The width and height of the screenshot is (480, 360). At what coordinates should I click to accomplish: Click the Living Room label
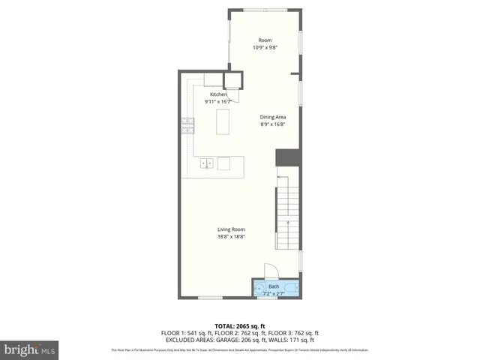pos(231,229)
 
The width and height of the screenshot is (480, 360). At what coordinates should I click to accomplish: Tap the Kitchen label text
pos(208,94)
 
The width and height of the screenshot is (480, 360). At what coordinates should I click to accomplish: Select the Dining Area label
pos(273,117)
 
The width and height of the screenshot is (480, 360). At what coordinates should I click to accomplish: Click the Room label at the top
pos(265,40)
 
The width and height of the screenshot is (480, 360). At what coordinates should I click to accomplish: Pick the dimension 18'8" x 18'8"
pos(231,237)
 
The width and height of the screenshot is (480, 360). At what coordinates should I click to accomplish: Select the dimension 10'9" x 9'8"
pos(265,48)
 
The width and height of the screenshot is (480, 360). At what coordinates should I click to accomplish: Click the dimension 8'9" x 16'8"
pos(273,124)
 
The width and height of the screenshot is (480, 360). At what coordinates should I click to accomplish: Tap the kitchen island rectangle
pos(223,121)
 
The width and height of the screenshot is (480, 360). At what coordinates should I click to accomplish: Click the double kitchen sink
pos(206,163)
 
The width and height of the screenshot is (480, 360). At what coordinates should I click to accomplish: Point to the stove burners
pos(187,125)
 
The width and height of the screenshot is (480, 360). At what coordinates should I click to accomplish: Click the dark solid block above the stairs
pos(287,157)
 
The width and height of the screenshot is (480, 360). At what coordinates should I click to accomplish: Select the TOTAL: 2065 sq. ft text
pos(240,326)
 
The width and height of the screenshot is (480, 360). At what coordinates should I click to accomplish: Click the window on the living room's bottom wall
pos(211,298)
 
